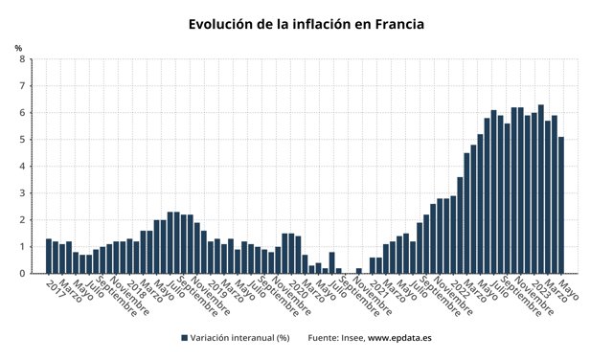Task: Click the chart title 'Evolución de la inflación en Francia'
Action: click(306, 23)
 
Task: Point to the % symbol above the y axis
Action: click(18, 48)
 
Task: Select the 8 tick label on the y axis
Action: click(22, 59)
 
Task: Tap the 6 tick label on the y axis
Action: click(22, 113)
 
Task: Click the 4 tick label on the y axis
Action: click(22, 167)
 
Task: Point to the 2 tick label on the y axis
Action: click(22, 220)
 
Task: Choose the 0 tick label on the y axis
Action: click(22, 274)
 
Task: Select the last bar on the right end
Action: click(561, 205)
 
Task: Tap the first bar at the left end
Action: click(49, 256)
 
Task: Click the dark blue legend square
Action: click(184, 338)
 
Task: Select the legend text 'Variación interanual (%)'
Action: click(239, 338)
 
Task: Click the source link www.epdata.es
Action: click(400, 338)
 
